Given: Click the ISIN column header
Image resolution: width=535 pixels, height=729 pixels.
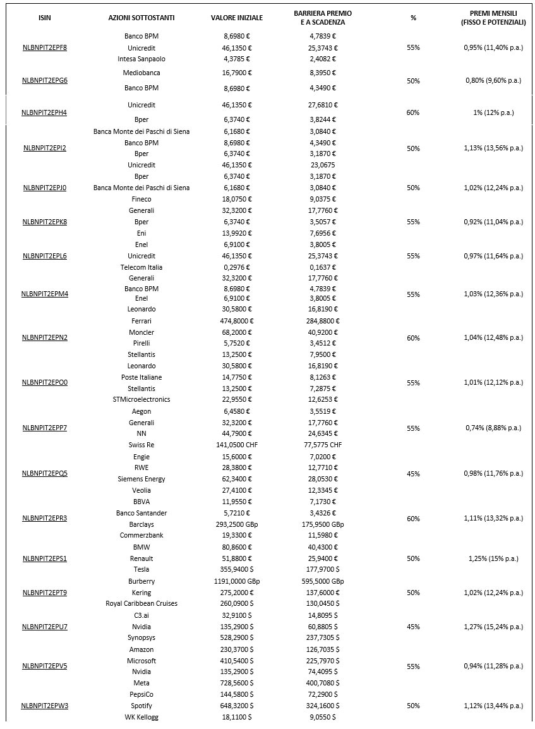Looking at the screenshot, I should tap(45, 18).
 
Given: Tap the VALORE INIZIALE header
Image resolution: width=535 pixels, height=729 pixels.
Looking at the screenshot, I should tap(237, 18).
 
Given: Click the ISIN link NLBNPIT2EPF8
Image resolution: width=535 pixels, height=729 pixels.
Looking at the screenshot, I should tap(45, 47).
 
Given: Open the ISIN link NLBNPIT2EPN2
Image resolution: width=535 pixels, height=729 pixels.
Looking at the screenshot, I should tap(45, 337).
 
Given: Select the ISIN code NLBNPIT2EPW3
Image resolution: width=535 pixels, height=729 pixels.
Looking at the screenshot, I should tap(45, 706).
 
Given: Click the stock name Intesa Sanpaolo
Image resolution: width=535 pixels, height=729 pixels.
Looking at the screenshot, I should tap(141, 59).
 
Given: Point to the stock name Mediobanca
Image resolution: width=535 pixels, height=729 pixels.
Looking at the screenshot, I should tap(141, 73).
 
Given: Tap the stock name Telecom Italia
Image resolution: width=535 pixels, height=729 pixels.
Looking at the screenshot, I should tap(141, 267).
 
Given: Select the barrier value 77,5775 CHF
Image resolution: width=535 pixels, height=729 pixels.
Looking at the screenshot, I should tap(322, 445).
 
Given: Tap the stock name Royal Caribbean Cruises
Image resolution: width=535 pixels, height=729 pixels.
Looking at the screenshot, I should tap(141, 603).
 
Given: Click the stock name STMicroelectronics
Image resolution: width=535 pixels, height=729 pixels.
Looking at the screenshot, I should tap(141, 399).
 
